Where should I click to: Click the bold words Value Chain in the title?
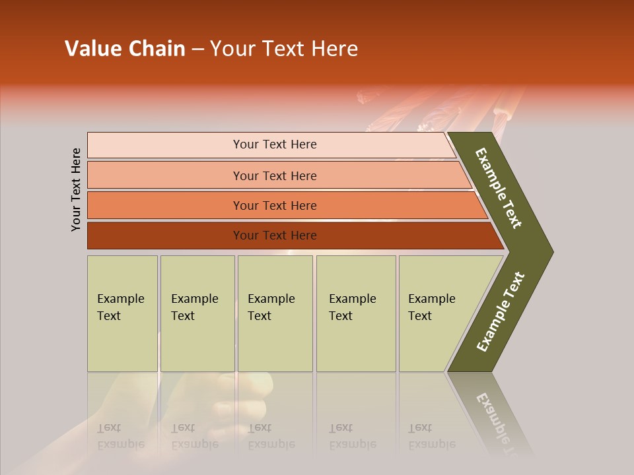coord(125,49)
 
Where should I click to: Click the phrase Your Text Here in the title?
coord(284,49)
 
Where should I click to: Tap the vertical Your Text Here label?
coord(76,189)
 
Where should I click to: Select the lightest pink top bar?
coord(274,144)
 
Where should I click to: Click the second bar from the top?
coord(274,175)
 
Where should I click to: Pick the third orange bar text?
coord(274,205)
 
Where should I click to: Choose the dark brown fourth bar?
coord(274,236)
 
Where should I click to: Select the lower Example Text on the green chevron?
coord(501,311)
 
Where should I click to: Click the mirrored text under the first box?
coord(121,437)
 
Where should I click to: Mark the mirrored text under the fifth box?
coord(431,437)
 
